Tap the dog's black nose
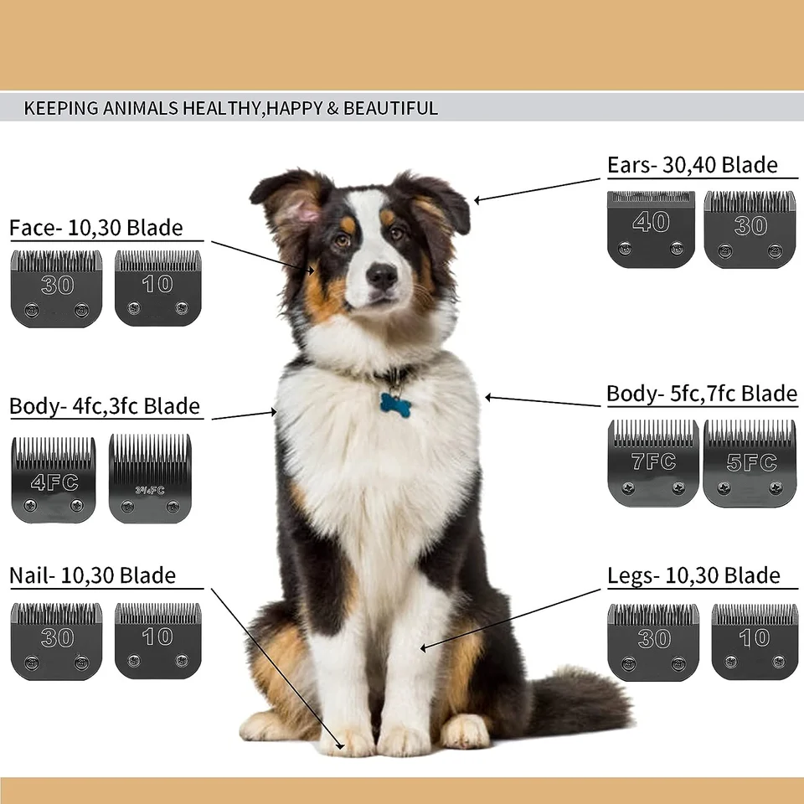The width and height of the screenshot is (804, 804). (382, 275)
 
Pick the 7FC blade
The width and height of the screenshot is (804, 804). (652, 463)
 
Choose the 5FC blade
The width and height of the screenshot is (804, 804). (750, 463)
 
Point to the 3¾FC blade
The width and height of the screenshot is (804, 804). (151, 479)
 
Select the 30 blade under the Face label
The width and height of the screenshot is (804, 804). (56, 288)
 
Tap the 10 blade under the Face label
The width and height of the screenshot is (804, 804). (157, 288)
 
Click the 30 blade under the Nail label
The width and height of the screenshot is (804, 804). (56, 641)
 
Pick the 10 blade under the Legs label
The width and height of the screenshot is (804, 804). (754, 641)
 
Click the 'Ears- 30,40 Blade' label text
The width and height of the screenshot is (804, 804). (692, 165)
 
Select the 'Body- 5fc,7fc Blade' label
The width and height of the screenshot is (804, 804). (701, 394)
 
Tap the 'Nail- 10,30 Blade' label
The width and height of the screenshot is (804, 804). (92, 576)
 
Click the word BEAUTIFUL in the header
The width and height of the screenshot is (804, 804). (390, 108)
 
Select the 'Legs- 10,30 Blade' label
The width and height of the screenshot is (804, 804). (693, 576)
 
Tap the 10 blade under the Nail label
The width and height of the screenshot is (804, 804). (157, 641)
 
